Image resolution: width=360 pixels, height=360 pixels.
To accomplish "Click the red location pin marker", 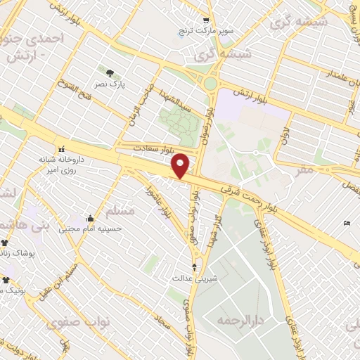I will pos(181,165).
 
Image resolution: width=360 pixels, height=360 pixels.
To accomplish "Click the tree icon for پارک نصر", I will pos(109,72).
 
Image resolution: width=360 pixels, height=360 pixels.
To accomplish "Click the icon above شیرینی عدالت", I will pos(195,267).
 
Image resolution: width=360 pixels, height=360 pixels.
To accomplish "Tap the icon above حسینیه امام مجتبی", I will pos(90,218).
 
